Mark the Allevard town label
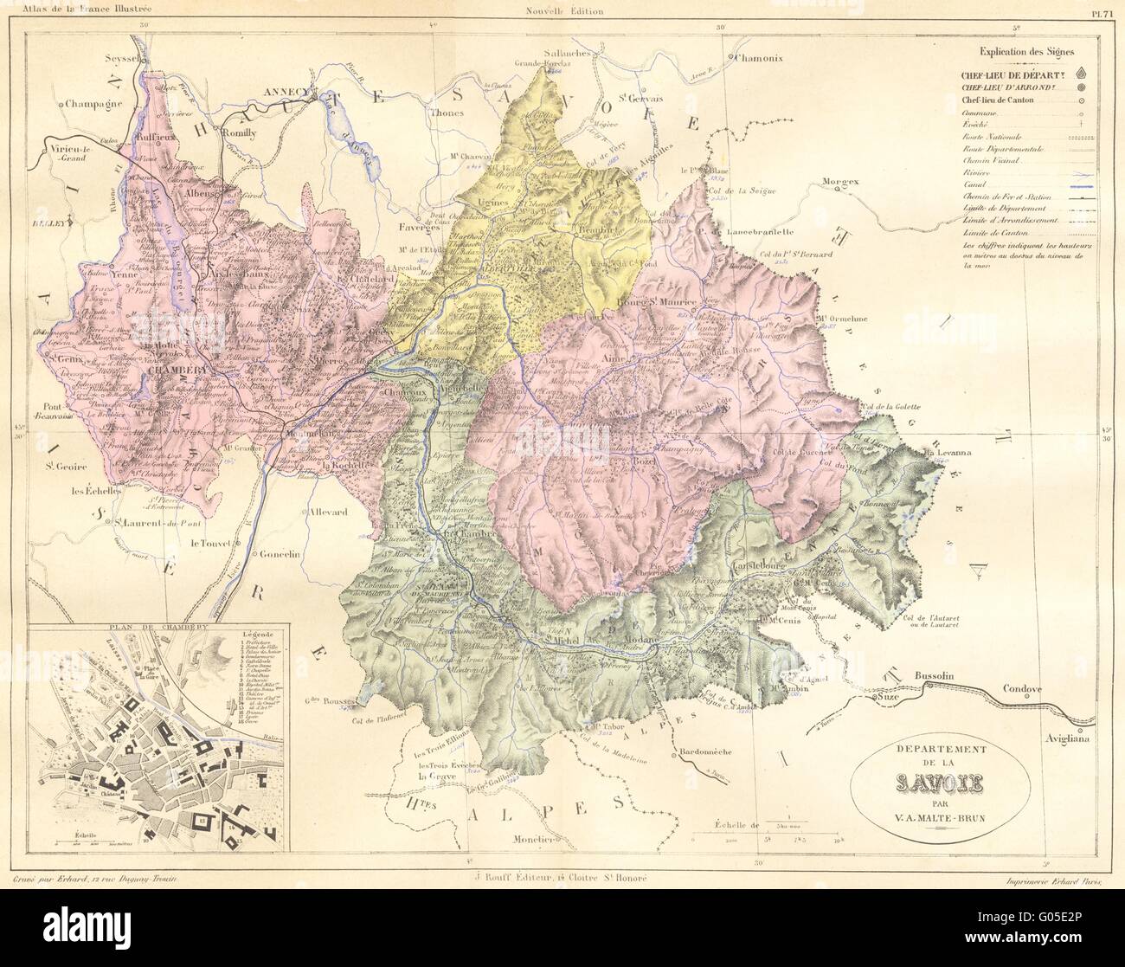click(325, 513)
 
